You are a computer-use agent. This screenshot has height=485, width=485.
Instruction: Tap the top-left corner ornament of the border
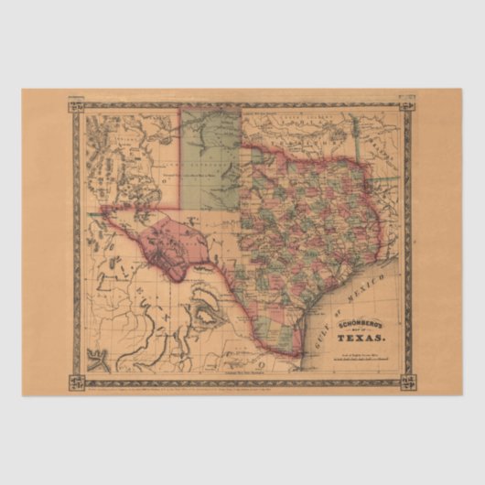coord(77,110)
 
